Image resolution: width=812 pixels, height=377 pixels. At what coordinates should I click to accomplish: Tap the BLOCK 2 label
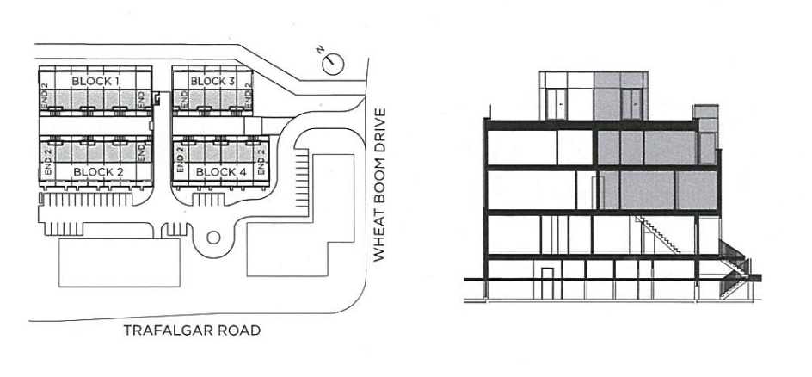(98, 171)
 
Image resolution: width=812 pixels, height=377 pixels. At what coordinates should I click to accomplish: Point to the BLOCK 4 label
(221, 171)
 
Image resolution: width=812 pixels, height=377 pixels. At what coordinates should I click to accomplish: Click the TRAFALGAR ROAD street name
(192, 331)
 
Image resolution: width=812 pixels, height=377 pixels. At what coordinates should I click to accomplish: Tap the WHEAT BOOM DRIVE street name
(379, 184)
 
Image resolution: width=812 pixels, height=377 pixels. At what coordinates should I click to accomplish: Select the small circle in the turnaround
(213, 238)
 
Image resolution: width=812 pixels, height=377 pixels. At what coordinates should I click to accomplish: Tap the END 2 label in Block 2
(48, 162)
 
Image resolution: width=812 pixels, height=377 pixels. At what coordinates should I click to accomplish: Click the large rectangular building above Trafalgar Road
(120, 263)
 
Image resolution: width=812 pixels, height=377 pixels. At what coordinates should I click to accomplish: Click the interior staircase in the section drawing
(658, 235)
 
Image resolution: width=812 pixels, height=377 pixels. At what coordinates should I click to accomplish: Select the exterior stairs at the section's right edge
(735, 269)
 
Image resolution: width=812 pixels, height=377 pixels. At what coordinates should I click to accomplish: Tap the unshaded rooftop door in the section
(557, 104)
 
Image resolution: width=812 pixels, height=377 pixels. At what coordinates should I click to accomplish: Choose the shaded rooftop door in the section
(631, 104)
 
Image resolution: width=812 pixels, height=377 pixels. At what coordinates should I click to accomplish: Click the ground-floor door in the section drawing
(547, 283)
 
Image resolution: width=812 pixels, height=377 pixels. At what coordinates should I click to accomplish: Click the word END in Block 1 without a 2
(141, 97)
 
